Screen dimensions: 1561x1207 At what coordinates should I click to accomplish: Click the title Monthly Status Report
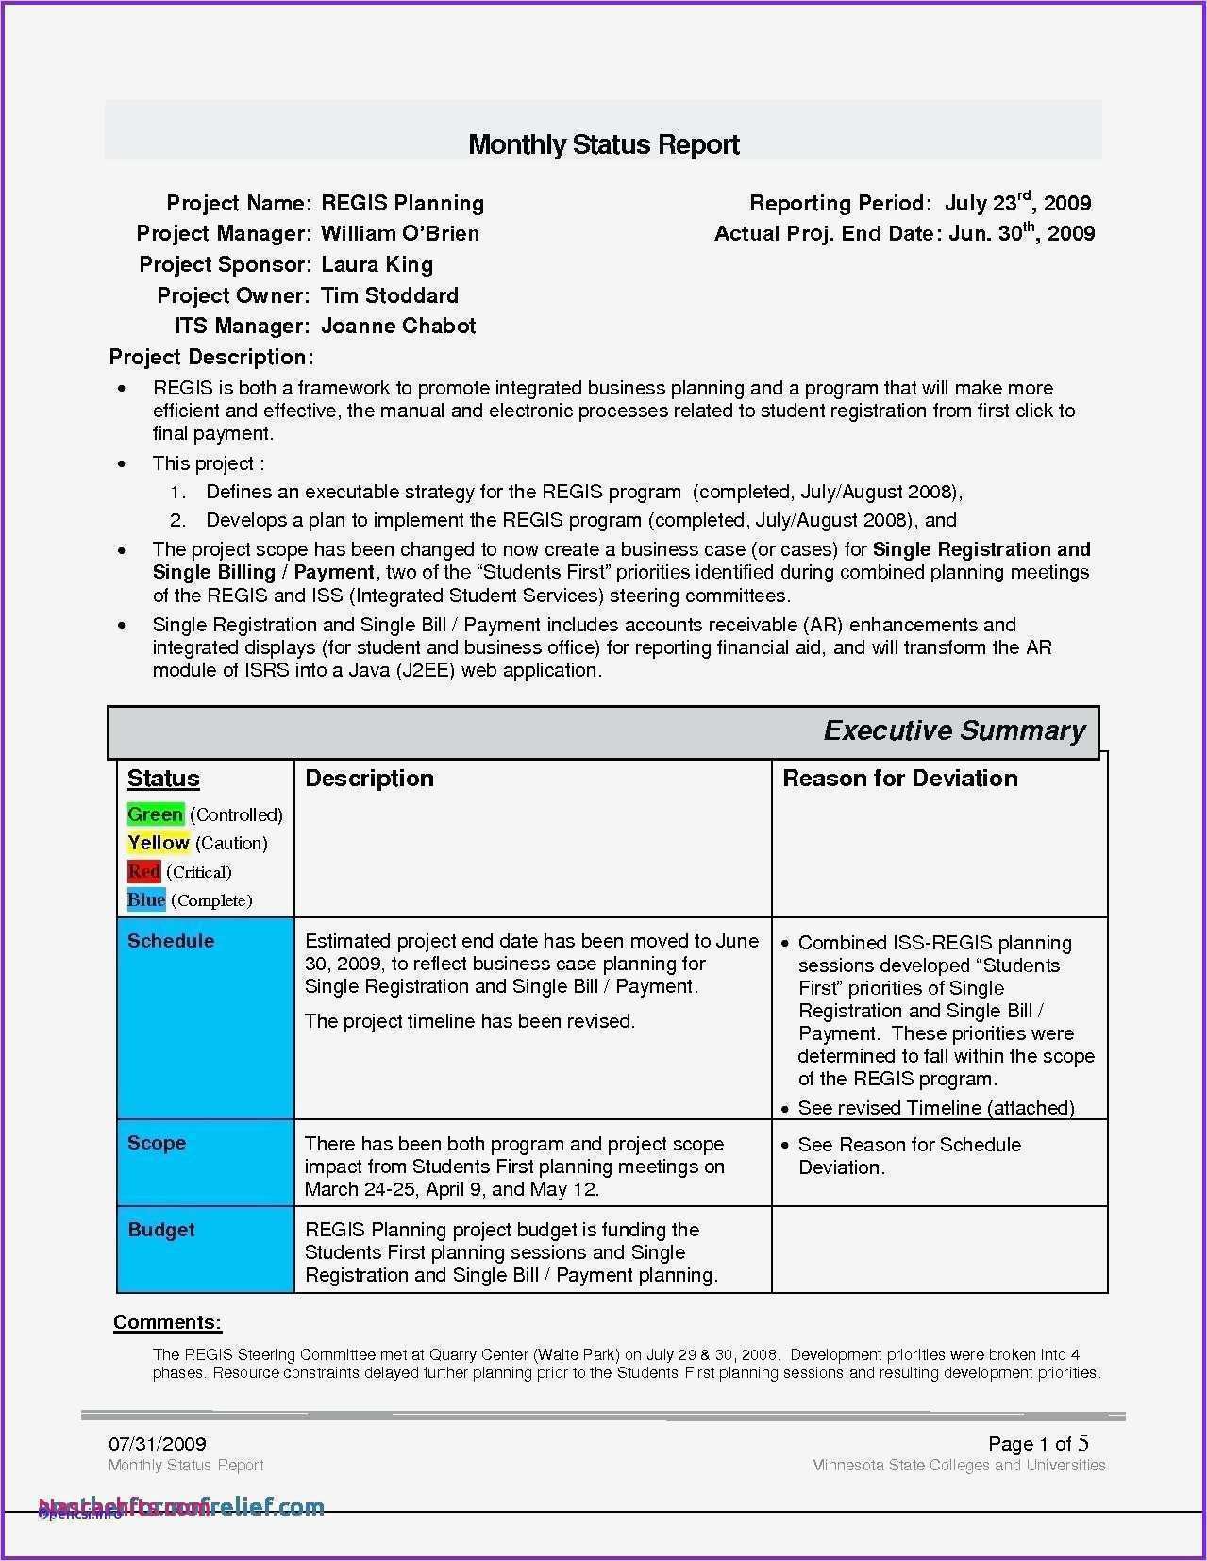pyautogui.click(x=603, y=144)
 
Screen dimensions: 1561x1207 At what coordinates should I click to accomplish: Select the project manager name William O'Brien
pyautogui.click(x=400, y=233)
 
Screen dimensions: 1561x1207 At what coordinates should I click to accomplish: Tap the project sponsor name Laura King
pyautogui.click(x=377, y=264)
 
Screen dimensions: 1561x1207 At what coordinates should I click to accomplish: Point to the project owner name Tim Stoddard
pyautogui.click(x=390, y=295)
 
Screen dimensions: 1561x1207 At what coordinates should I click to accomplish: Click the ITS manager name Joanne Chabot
pyautogui.click(x=398, y=326)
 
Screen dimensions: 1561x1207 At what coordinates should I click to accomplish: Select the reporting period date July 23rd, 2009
pyautogui.click(x=1017, y=203)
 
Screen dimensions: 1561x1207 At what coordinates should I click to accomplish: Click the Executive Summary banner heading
pyautogui.click(x=954, y=730)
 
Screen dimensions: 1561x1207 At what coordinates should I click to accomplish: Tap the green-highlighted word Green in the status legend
pyautogui.click(x=155, y=814)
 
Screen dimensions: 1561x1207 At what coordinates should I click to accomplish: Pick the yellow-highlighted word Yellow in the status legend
pyautogui.click(x=159, y=843)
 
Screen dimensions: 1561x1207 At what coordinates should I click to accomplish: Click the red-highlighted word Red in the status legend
pyautogui.click(x=143, y=872)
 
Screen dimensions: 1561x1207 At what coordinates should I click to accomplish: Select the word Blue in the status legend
pyautogui.click(x=146, y=900)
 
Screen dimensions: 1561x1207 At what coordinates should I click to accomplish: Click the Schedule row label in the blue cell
pyautogui.click(x=171, y=941)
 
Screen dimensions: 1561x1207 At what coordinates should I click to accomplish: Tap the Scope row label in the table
pyautogui.click(x=157, y=1143)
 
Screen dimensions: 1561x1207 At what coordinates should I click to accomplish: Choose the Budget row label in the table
pyautogui.click(x=161, y=1230)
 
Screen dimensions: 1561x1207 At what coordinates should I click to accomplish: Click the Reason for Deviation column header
pyautogui.click(x=900, y=779)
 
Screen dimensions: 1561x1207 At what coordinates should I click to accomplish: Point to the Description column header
pyautogui.click(x=369, y=779)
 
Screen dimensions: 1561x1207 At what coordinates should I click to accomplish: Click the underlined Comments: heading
pyautogui.click(x=167, y=1322)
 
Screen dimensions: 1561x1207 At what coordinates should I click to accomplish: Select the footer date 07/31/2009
pyautogui.click(x=157, y=1444)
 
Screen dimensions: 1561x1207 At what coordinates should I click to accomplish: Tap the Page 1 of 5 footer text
pyautogui.click(x=1038, y=1443)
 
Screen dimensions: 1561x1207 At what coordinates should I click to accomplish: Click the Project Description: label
pyautogui.click(x=211, y=357)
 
